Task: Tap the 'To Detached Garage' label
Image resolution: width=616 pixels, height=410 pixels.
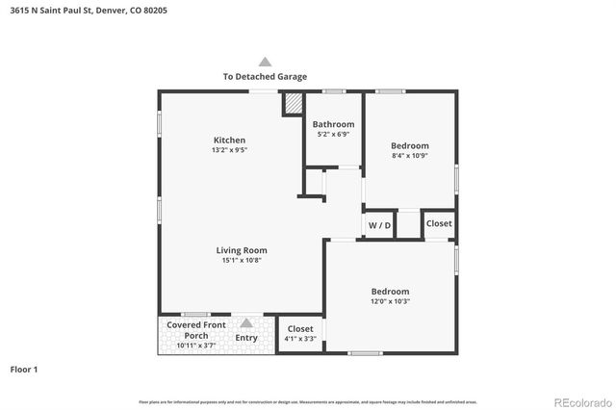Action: click(x=265, y=76)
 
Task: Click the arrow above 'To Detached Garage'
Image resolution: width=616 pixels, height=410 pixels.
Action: click(x=265, y=61)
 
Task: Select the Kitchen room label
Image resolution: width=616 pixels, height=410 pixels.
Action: click(x=229, y=141)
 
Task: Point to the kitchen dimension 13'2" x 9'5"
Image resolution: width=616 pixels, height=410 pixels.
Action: click(x=229, y=151)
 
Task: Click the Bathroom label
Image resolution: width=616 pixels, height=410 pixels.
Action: click(x=333, y=124)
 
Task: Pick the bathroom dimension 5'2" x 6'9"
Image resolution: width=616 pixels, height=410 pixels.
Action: click(x=333, y=135)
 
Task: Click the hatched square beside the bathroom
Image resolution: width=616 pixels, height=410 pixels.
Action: click(x=293, y=104)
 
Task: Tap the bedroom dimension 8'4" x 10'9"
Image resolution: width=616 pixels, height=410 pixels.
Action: click(x=409, y=155)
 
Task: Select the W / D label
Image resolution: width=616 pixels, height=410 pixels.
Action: click(x=379, y=225)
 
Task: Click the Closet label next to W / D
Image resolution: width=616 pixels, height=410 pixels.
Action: click(x=439, y=223)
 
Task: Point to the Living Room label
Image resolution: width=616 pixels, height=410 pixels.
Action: click(x=241, y=250)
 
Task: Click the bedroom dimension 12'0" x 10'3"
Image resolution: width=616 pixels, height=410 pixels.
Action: click(x=391, y=302)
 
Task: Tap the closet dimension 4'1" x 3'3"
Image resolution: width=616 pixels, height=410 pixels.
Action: click(x=301, y=339)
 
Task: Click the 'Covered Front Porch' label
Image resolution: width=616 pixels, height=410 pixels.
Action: click(x=196, y=330)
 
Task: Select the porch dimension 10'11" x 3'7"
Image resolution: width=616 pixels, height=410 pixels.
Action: click(x=196, y=346)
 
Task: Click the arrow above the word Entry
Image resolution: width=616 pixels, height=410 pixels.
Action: click(x=246, y=323)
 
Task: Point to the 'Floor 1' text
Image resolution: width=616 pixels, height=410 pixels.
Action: click(x=23, y=369)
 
